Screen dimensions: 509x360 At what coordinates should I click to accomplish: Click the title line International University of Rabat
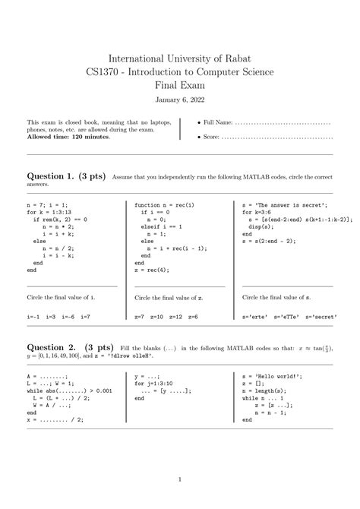point(180,58)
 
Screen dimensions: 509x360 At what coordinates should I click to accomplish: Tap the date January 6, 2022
point(180,100)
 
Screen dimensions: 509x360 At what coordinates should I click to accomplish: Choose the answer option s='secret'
point(322,315)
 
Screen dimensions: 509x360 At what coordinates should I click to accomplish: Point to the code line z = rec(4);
point(152,269)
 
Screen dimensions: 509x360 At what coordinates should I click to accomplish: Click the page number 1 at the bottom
point(180,479)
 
